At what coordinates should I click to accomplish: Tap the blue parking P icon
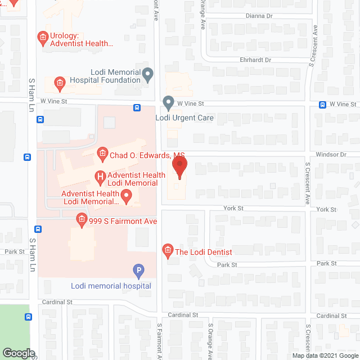coord(138,271)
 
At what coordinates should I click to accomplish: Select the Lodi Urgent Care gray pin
coord(168,103)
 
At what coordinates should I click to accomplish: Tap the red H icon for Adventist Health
coord(100,178)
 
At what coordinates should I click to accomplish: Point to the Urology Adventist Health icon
coord(42,38)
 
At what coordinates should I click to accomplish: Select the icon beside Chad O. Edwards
coord(102,153)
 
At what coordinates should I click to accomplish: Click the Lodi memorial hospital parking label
coord(111,286)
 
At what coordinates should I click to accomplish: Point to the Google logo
coord(18,353)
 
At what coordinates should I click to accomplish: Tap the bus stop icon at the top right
coord(323,105)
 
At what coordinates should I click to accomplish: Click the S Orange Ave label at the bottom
coord(210,341)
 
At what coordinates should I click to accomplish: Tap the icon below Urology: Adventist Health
coord(59,84)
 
